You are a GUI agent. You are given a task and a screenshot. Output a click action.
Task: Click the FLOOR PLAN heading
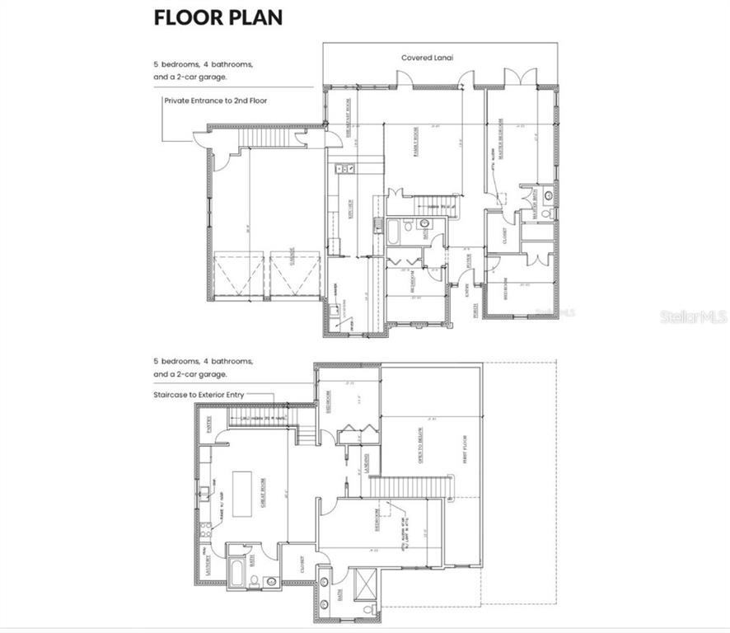click(x=218, y=18)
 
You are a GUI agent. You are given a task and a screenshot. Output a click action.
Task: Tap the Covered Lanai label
click(x=427, y=58)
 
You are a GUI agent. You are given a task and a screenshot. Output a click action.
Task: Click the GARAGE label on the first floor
click(x=292, y=259)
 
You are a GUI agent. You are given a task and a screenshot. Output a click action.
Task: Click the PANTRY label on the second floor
click(x=210, y=425)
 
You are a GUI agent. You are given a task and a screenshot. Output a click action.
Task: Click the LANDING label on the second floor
click(x=367, y=463)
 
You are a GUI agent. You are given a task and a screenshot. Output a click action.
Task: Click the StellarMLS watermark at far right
click(x=693, y=316)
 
